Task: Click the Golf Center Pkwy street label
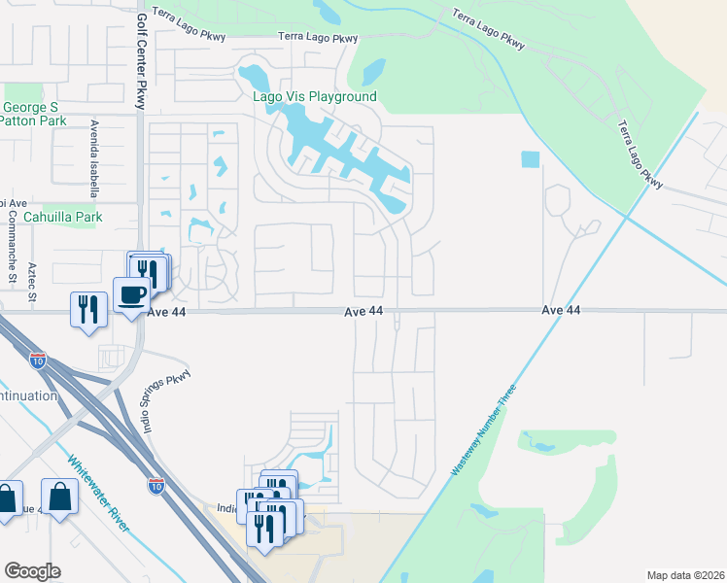tap(141, 60)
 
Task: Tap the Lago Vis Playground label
tap(314, 97)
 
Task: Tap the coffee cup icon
tap(131, 292)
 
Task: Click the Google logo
tap(32, 571)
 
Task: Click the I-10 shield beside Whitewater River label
tap(156, 486)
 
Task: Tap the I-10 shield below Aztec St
tap(38, 360)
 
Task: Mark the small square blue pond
tap(530, 158)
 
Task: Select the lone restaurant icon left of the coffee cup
tap(88, 308)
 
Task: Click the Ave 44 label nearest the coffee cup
tap(165, 312)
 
